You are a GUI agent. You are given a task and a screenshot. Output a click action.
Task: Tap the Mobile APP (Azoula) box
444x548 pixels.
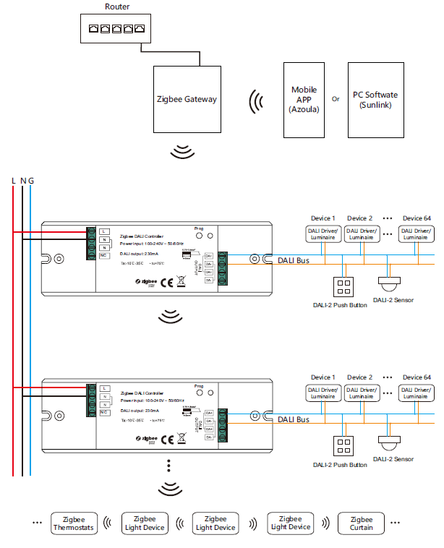(304, 100)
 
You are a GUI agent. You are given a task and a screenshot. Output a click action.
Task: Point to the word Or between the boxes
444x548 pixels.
(336, 100)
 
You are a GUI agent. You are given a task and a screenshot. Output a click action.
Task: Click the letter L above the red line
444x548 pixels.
(14, 180)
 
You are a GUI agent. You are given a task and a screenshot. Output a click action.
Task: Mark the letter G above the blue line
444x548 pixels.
(31, 180)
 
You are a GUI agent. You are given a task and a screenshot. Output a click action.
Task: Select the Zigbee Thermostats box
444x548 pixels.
(73, 523)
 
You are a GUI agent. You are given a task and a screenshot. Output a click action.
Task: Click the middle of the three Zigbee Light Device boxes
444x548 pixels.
(215, 523)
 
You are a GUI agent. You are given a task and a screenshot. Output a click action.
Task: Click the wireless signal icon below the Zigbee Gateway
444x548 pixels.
(184, 151)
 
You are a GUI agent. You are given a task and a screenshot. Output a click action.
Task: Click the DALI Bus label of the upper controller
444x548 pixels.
(294, 260)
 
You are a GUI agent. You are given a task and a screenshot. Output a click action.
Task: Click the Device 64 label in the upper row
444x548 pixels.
(417, 218)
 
